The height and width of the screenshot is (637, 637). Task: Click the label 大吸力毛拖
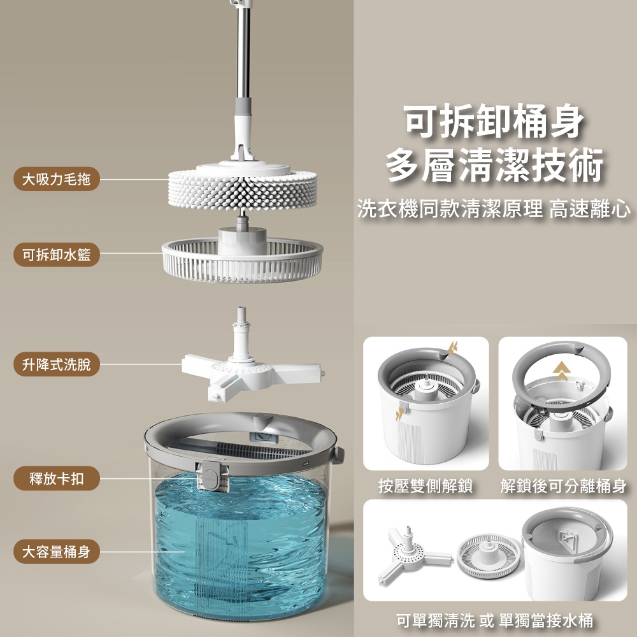pyautogui.click(x=56, y=180)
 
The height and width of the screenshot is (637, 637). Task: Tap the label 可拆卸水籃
pyautogui.click(x=56, y=255)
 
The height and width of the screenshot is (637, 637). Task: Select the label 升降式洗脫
pyautogui.click(x=56, y=365)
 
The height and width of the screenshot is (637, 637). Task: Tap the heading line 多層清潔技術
pyautogui.click(x=494, y=167)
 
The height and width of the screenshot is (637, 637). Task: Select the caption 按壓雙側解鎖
pyautogui.click(x=426, y=487)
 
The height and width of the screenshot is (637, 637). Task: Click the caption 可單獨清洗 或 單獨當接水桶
pyautogui.click(x=494, y=620)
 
